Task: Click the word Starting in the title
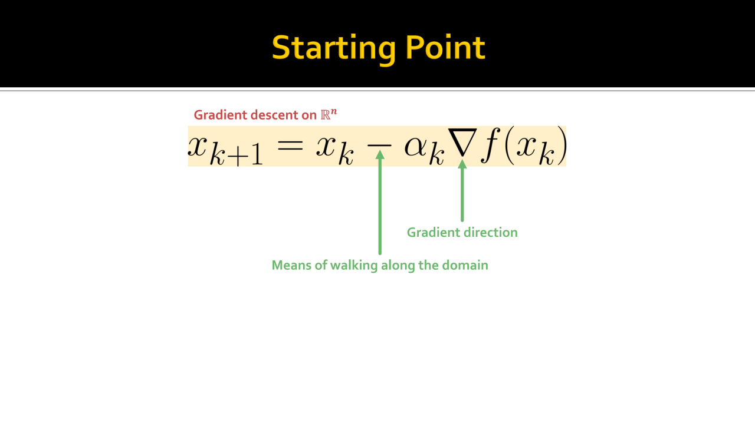click(334, 49)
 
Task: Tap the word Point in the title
click(445, 47)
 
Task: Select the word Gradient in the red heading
click(221, 115)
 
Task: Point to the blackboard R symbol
click(325, 115)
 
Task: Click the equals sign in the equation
click(290, 146)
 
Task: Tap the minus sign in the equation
click(379, 146)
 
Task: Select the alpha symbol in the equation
click(416, 147)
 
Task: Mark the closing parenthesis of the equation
click(562, 146)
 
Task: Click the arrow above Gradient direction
click(462, 191)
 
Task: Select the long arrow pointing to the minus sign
click(380, 203)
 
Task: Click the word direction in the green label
click(490, 232)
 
